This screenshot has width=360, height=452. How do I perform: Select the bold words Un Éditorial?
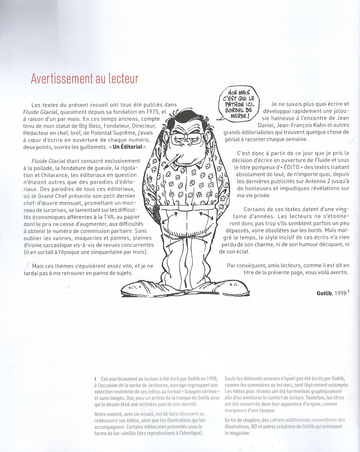tap(128, 147)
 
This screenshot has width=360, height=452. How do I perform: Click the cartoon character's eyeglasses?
tap(186, 138)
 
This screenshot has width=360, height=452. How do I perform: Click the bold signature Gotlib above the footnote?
tap(324, 293)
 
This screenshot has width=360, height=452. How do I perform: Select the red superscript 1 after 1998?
tap(349, 292)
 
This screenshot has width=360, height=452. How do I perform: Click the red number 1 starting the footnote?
tap(95, 379)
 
